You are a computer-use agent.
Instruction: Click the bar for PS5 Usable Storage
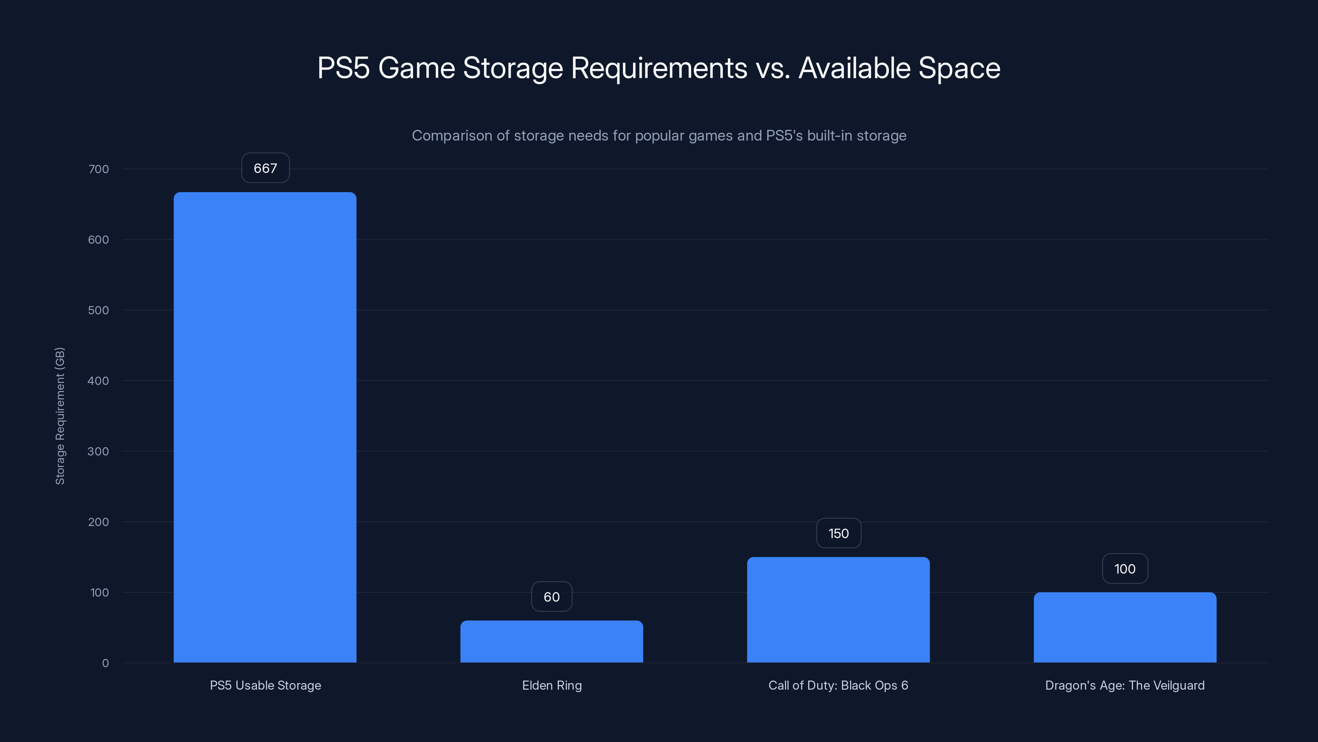pos(265,427)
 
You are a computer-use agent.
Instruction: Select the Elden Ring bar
pos(552,642)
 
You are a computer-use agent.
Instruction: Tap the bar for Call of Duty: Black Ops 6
pos(838,610)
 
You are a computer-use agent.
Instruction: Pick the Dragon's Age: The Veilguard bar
pos(1124,627)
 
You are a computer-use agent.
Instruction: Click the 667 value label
pos(265,168)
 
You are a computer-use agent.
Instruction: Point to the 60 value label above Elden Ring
pos(552,596)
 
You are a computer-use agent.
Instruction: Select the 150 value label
pos(838,533)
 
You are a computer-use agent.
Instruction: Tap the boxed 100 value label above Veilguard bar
pos(1124,568)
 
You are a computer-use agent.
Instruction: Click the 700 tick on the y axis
pos(99,169)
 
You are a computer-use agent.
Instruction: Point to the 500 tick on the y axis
pos(99,310)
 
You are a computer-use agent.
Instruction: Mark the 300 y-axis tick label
pos(99,451)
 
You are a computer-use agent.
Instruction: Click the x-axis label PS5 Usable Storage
pos(265,685)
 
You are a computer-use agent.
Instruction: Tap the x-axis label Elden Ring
pos(552,685)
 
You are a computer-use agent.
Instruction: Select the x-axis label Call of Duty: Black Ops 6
pos(838,685)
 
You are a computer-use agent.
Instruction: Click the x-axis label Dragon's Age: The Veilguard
pos(1124,685)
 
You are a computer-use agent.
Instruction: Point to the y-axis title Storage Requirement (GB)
pos(60,416)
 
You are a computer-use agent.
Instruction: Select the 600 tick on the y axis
pos(99,240)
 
